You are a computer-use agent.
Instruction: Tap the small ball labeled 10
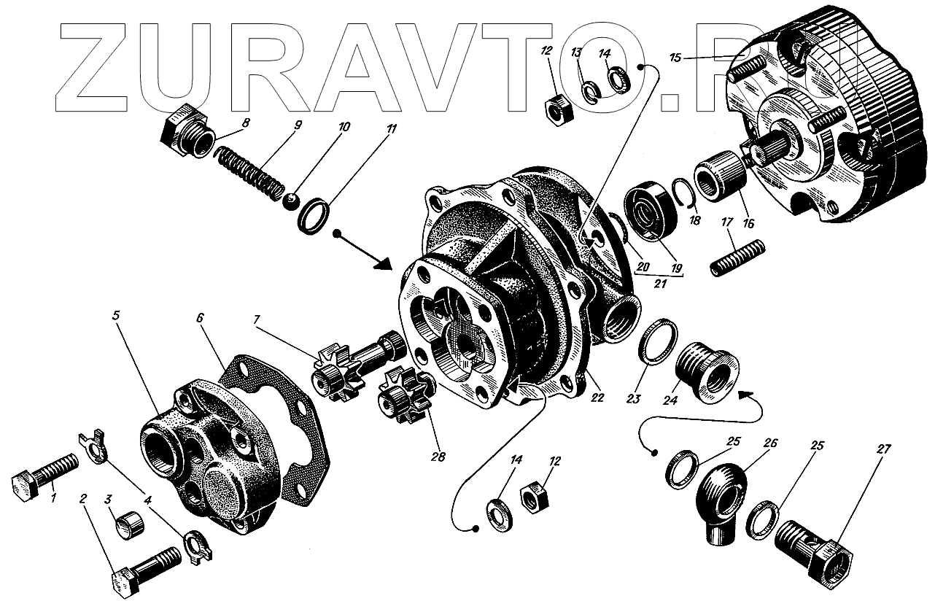tap(292, 199)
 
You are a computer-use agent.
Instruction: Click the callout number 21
tap(659, 284)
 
